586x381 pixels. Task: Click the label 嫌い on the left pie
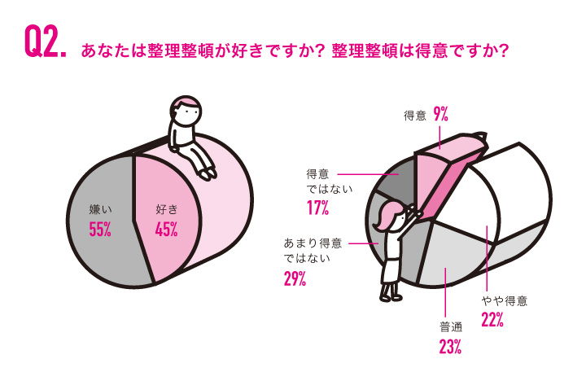pos(100,210)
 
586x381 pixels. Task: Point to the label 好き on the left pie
pos(166,210)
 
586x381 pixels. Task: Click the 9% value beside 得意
pos(441,116)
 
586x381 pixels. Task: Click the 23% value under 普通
pos(450,347)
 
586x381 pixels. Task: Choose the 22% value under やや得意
pos(492,319)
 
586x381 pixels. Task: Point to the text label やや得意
pos(504,300)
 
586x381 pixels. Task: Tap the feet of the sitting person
pos(207,173)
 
